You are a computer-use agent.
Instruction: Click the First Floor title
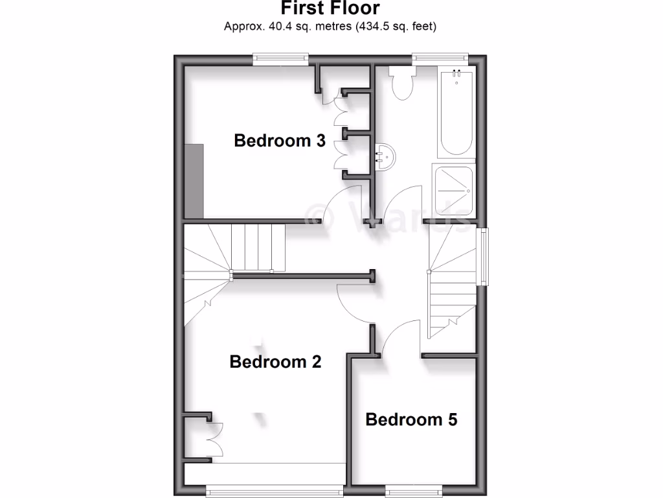coord(330,8)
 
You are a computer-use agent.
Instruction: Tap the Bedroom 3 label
coord(280,140)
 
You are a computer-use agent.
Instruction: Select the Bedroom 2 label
coord(275,361)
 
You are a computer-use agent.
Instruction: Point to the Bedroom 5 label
coord(411,420)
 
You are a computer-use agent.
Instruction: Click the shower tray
coord(453,191)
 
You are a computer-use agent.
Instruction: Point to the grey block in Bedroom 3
coord(194,181)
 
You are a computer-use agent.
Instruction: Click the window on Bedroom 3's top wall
coord(280,59)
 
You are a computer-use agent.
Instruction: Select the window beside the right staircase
coord(482,256)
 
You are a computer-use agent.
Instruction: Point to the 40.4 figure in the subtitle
coord(270,27)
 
